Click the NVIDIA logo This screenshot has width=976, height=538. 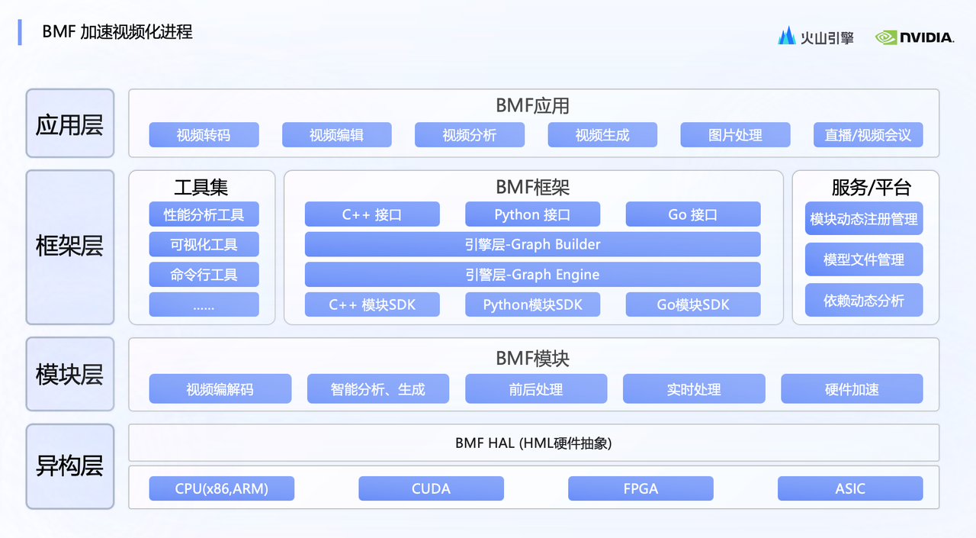[x=914, y=37]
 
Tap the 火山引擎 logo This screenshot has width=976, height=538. [x=816, y=37]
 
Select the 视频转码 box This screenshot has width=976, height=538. [x=204, y=135]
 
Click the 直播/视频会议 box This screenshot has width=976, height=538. [x=868, y=135]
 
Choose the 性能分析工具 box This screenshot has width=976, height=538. [x=204, y=214]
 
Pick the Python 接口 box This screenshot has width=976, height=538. [x=532, y=214]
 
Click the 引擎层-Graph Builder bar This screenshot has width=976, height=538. [x=532, y=244]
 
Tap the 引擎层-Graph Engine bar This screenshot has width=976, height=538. [x=532, y=274]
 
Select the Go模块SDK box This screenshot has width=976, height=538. [x=693, y=304]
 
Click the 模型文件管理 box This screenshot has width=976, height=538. [x=864, y=259]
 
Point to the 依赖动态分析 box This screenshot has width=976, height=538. [x=864, y=300]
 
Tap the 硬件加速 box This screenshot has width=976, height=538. [x=852, y=388]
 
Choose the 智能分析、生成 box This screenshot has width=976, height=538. [x=377, y=388]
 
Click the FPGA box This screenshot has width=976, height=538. [x=640, y=488]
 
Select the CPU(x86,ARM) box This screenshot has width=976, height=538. [x=221, y=488]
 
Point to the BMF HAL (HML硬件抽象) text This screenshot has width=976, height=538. [x=533, y=443]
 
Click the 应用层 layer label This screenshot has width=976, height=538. [x=69, y=124]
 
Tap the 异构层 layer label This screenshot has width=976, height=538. [x=69, y=466]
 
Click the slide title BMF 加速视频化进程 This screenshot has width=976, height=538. [x=117, y=32]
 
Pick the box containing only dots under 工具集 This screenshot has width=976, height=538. [x=204, y=304]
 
